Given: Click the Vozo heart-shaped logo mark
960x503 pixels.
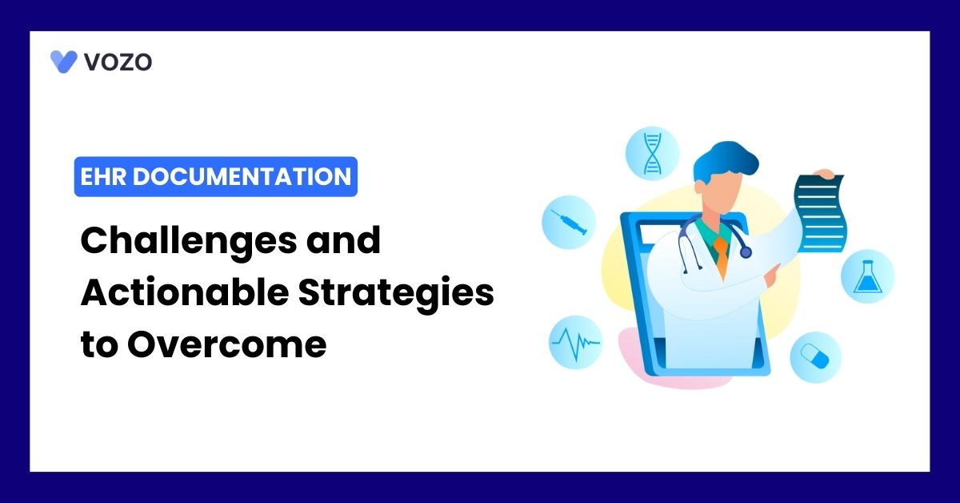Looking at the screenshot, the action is coord(63,62).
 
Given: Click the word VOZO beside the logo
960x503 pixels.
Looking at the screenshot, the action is coord(118,62).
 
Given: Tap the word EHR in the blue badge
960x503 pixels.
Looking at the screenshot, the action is coord(103,176).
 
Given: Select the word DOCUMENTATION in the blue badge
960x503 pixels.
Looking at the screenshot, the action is coord(242,176).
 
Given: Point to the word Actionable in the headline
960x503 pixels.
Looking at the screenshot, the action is coord(185,292).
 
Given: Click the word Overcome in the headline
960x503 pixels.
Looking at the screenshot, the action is coord(226,344).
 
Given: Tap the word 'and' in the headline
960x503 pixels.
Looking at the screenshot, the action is coord(343,240).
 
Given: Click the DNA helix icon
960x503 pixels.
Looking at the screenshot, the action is coord(652,153).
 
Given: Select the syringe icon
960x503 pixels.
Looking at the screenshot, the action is coord(569,222).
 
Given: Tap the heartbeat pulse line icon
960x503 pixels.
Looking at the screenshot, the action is coord(575,343).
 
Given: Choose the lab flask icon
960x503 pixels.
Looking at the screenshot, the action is coord(868,277).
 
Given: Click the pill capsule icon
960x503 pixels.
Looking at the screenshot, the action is coord(815,356).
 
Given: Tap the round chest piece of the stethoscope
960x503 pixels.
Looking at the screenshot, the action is coord(746,252).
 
